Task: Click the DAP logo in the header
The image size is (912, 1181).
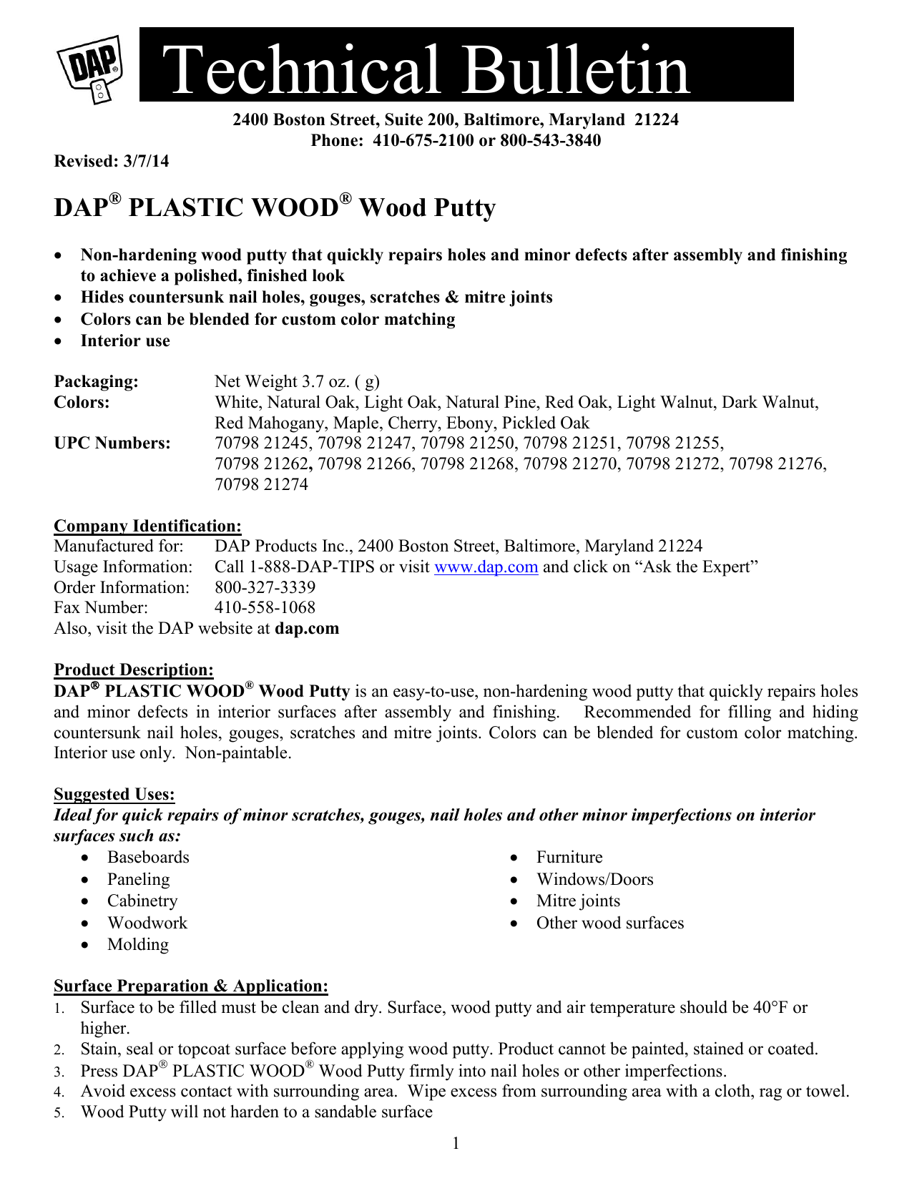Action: click(x=91, y=68)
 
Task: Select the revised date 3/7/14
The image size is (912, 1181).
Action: click(x=146, y=161)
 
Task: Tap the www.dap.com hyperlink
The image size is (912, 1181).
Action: click(x=486, y=567)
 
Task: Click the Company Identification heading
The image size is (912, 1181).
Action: click(x=147, y=526)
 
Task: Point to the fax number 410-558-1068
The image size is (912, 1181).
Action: click(x=265, y=608)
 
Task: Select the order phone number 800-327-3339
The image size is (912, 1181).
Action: click(x=265, y=587)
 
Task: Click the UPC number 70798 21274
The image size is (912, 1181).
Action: click(x=261, y=484)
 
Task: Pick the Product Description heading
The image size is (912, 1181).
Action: click(x=134, y=670)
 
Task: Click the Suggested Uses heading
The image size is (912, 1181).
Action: click(x=114, y=794)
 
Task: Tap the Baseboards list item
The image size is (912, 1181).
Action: click(x=148, y=857)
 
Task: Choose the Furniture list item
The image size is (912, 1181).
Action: click(x=569, y=857)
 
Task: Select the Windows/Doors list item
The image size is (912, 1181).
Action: click(x=594, y=879)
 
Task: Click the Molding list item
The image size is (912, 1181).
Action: click(x=138, y=944)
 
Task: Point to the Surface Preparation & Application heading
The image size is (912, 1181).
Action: click(x=191, y=986)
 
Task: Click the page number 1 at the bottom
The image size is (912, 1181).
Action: click(x=456, y=1143)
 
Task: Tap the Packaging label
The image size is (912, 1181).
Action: click(x=96, y=381)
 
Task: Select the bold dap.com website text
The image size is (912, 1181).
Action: click(x=307, y=628)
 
